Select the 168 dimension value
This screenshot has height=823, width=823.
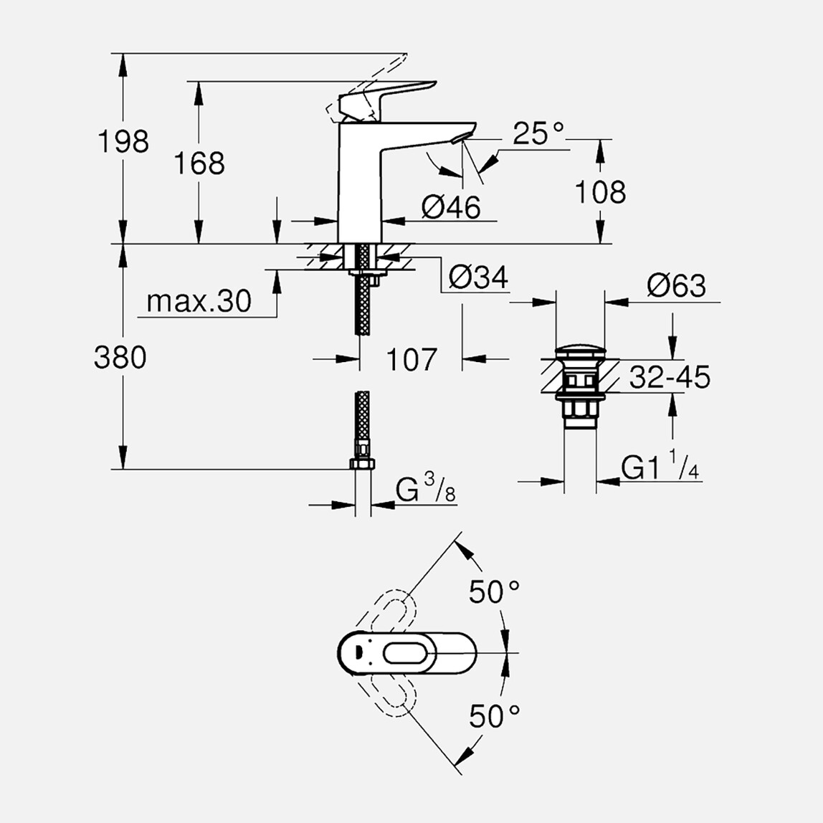pos(199,163)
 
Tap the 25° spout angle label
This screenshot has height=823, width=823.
pos(538,133)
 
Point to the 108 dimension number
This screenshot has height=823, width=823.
pos(601,192)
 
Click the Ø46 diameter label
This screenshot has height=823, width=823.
pos(451,207)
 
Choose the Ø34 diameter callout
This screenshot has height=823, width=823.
pos(477,276)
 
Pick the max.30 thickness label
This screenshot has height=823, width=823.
pos(199,301)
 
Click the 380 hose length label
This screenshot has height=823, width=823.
pos(120,357)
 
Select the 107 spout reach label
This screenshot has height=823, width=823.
pos(412,359)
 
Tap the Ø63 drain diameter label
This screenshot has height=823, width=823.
pos(676,285)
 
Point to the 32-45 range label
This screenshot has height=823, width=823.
pos(670,377)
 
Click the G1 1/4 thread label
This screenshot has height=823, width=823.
pos(660,468)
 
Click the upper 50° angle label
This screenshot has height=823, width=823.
pos(494,591)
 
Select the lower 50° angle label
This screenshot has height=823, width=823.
pos(494,715)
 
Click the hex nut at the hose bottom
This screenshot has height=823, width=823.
pos(362,463)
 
